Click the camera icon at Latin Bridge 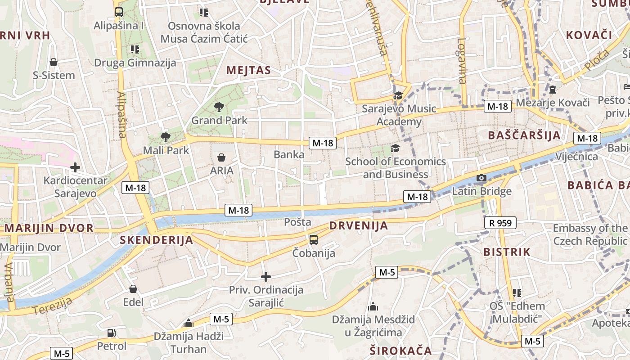click(x=481, y=178)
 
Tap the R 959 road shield click(x=500, y=223)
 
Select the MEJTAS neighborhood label click(x=249, y=70)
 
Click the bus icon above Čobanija click(x=314, y=240)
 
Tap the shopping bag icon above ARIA click(x=221, y=157)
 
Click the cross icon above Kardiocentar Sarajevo click(x=75, y=168)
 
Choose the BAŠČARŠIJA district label click(x=524, y=135)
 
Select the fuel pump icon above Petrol click(x=111, y=333)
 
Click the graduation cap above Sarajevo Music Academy click(x=398, y=95)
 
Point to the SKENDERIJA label click(x=156, y=240)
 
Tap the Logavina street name click(x=462, y=61)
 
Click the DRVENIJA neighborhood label click(x=358, y=226)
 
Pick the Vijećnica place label click(x=576, y=157)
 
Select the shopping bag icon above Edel click(x=133, y=289)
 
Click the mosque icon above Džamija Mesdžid click(x=373, y=307)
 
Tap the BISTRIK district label click(x=507, y=252)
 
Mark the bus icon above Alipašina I click(x=119, y=12)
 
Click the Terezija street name click(x=53, y=306)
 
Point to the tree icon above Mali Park click(x=166, y=137)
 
